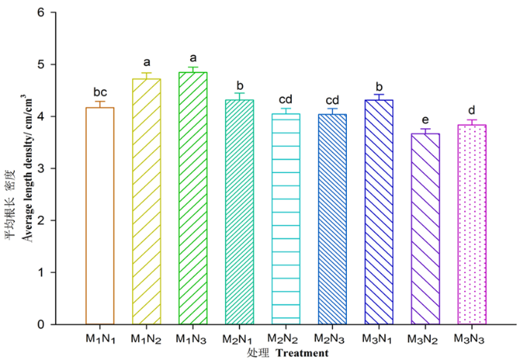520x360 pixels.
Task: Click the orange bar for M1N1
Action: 100,216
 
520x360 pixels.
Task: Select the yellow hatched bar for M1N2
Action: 146,202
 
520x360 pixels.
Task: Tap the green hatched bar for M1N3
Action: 193,198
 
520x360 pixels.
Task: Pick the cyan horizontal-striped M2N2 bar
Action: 286,219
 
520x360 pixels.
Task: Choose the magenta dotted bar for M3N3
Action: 472,224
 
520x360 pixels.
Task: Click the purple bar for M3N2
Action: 426,229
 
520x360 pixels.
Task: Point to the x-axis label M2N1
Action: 237,339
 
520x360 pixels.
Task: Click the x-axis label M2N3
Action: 329,338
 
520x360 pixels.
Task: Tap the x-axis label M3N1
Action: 377,338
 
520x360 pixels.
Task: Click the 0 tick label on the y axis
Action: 41,324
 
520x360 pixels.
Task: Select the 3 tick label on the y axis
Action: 41,168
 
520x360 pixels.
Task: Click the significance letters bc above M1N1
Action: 100,92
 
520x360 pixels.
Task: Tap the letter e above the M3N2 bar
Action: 426,120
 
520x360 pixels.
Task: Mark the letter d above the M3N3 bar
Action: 472,110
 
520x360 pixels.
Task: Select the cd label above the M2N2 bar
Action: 285,99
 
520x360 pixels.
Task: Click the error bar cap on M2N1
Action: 239,93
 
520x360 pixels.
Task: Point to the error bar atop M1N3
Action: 193,69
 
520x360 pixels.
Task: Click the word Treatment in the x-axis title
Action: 302,353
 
